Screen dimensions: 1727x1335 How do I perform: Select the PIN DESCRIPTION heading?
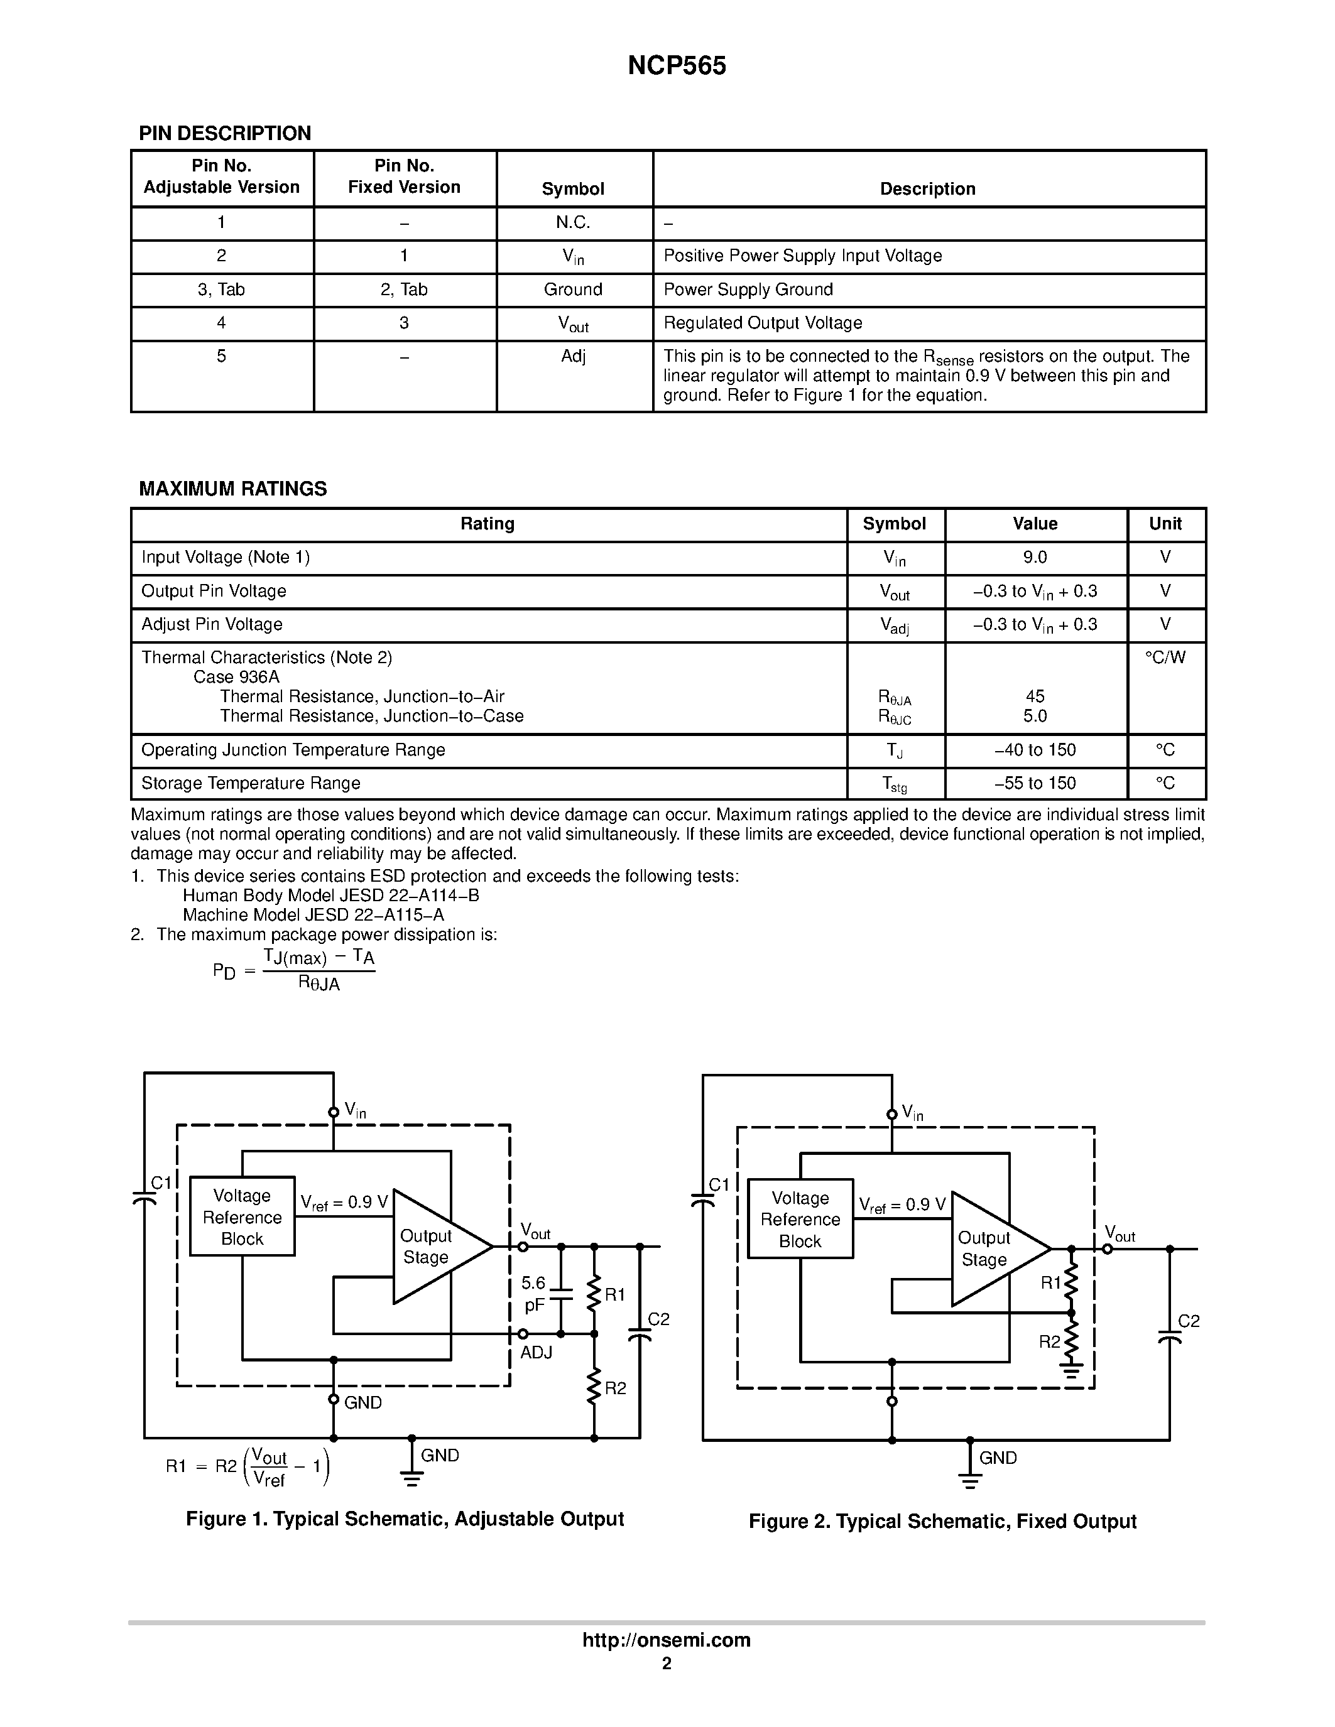pyautogui.click(x=225, y=134)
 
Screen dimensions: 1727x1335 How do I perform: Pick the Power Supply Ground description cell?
pyautogui.click(x=748, y=290)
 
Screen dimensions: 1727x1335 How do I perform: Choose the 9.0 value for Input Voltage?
pyautogui.click(x=1035, y=558)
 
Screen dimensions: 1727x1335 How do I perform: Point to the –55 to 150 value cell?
pyautogui.click(x=1035, y=783)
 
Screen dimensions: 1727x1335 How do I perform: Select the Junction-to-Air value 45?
pyautogui.click(x=1035, y=696)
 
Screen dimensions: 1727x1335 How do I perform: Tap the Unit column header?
pyautogui.click(x=1165, y=524)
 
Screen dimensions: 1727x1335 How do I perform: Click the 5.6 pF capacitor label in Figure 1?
pyautogui.click(x=534, y=1294)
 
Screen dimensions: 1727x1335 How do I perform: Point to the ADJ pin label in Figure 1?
pyautogui.click(x=537, y=1353)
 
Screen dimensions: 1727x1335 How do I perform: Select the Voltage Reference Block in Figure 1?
pyautogui.click(x=242, y=1218)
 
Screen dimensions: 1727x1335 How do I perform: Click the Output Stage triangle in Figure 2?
pyautogui.click(x=989, y=1249)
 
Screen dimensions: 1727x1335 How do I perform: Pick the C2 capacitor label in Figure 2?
pyautogui.click(x=1189, y=1321)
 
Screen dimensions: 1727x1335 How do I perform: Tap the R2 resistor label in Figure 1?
pyautogui.click(x=615, y=1389)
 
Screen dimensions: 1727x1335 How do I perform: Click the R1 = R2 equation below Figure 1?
pyautogui.click(x=248, y=1467)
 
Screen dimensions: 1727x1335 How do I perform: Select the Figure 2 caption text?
pyautogui.click(x=942, y=1522)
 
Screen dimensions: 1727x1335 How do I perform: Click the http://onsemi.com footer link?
pyautogui.click(x=666, y=1640)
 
